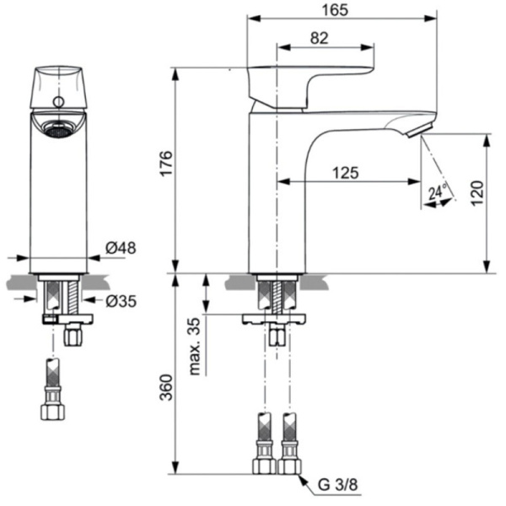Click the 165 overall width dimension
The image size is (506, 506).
click(x=342, y=10)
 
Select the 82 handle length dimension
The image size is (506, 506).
click(x=319, y=38)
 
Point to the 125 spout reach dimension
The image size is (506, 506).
click(x=344, y=172)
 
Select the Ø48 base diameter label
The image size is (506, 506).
click(x=121, y=248)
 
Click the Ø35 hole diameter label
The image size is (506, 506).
click(x=121, y=300)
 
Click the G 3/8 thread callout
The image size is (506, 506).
click(x=335, y=487)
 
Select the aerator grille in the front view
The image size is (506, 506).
click(x=57, y=131)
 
